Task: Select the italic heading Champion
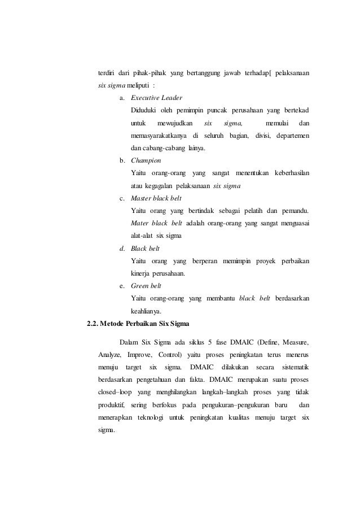(146, 160)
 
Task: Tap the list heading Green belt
(146, 286)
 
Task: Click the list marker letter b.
(122, 160)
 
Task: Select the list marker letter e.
(122, 286)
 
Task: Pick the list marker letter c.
(122, 198)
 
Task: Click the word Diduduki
(144, 110)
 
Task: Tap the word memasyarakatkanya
(159, 136)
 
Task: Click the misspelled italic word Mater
(140, 223)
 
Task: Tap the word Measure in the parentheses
(294, 342)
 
